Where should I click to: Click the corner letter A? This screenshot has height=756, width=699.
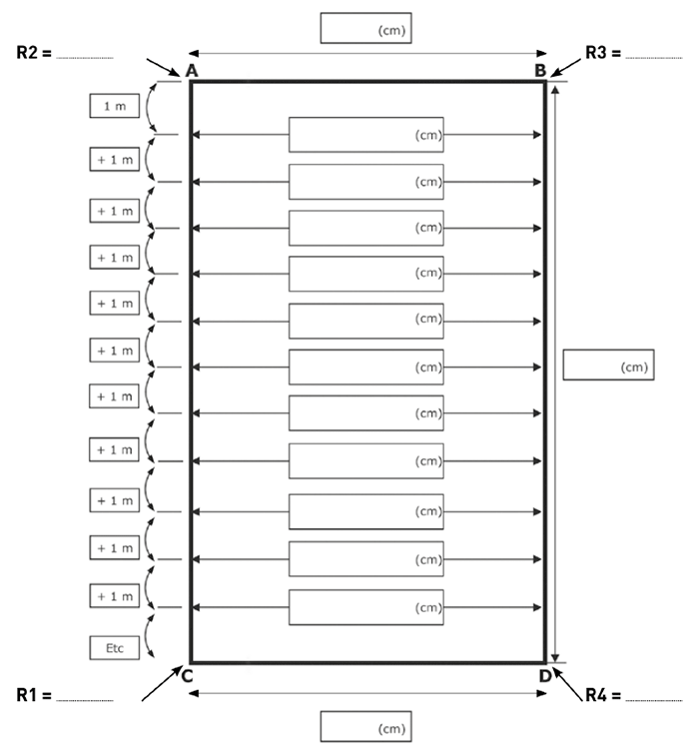click(x=191, y=71)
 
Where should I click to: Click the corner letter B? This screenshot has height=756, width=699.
click(x=539, y=71)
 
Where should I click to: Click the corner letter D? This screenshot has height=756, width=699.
click(x=545, y=676)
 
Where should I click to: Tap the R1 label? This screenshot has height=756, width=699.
click(x=34, y=694)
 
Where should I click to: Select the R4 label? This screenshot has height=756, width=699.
click(x=603, y=694)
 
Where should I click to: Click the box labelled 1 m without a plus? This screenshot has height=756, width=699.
click(x=114, y=106)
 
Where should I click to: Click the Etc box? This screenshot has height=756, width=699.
click(x=114, y=647)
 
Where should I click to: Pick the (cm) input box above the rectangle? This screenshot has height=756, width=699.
click(x=365, y=28)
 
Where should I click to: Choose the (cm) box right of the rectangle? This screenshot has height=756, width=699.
click(x=608, y=366)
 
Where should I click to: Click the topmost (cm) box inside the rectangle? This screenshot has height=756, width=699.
click(x=365, y=135)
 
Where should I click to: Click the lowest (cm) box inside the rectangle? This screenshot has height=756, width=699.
click(x=365, y=607)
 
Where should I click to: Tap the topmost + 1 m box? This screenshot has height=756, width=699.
click(x=114, y=161)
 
